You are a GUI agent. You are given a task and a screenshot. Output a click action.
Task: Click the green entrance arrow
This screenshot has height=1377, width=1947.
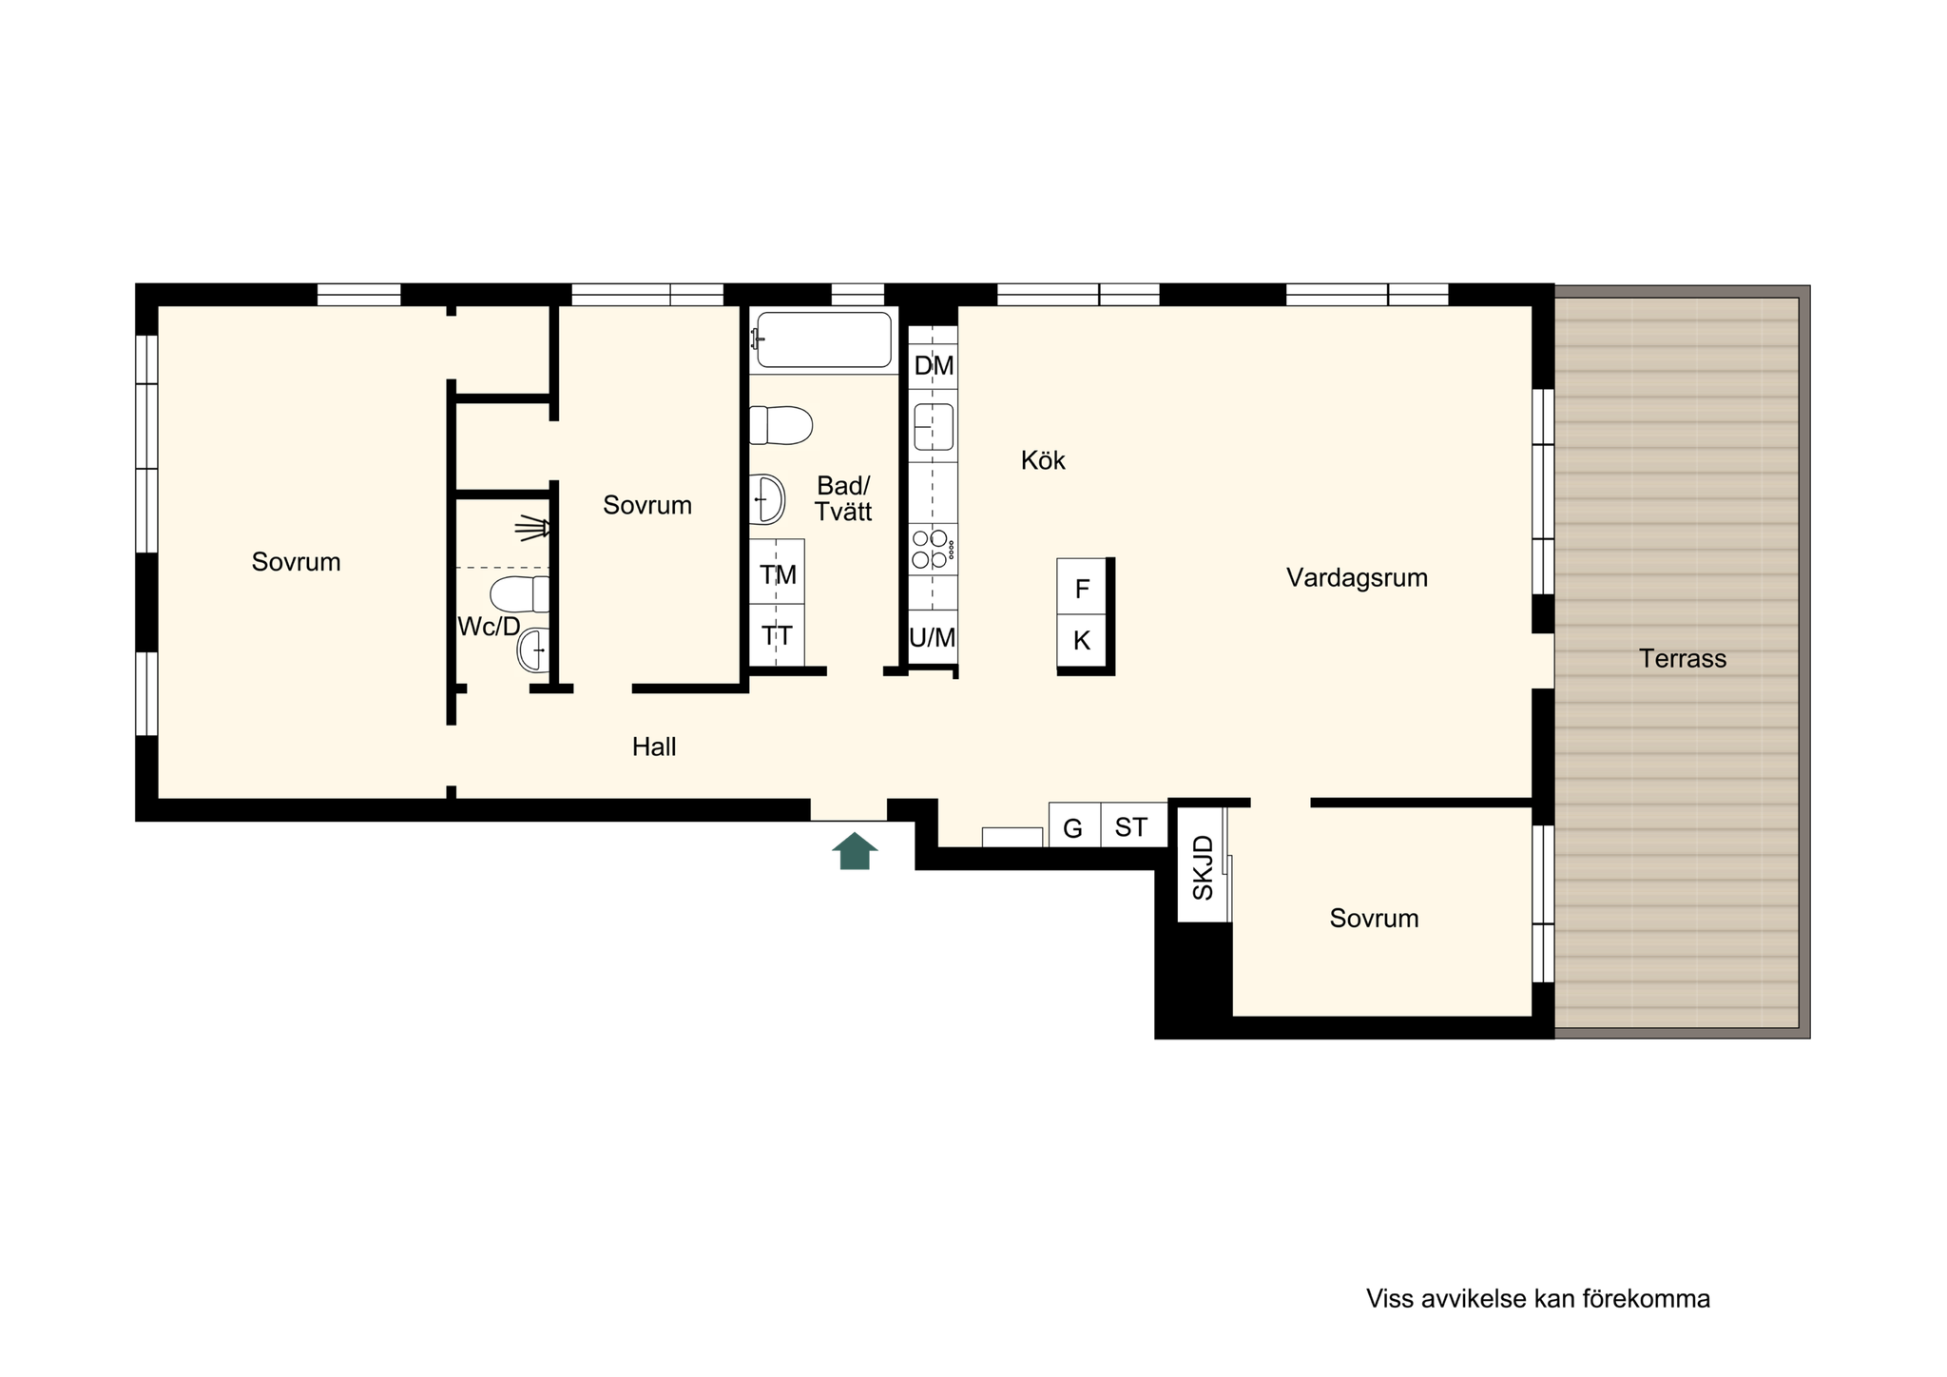point(855,851)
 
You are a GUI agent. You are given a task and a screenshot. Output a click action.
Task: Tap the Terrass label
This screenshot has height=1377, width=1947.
point(1683,659)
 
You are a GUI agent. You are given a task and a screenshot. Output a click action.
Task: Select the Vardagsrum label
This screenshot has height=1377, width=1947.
point(1357,578)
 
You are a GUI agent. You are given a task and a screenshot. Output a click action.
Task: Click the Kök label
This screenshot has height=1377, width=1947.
point(1043,460)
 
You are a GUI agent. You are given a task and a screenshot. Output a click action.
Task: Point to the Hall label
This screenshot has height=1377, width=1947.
point(654,747)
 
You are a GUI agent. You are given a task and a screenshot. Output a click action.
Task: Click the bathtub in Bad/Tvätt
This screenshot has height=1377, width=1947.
point(823,339)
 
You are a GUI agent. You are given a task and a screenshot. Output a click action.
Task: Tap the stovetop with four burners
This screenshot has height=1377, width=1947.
point(933,549)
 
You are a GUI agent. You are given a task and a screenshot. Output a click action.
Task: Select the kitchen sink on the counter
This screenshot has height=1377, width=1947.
point(934,426)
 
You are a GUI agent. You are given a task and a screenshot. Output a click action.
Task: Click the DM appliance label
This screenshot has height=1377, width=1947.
point(934,366)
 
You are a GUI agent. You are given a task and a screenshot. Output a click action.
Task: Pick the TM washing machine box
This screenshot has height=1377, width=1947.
point(777,572)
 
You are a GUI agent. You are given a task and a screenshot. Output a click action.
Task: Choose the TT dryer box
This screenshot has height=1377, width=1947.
point(777,635)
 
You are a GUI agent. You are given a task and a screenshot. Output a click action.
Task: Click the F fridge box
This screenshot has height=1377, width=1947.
point(1082,587)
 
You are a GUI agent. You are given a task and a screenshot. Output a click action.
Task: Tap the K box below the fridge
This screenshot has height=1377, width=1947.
point(1082,641)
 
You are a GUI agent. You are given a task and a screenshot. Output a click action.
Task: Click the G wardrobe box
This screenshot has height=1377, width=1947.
point(1074,824)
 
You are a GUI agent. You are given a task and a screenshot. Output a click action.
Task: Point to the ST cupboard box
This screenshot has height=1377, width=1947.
point(1133,824)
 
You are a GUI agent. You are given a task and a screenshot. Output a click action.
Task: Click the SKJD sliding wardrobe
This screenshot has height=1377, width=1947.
point(1202,864)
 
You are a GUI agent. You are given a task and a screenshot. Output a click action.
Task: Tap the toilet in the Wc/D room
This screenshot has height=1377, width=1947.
point(519,594)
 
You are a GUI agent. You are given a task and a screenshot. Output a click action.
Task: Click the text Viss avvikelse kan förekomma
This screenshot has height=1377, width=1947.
point(1538,1299)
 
